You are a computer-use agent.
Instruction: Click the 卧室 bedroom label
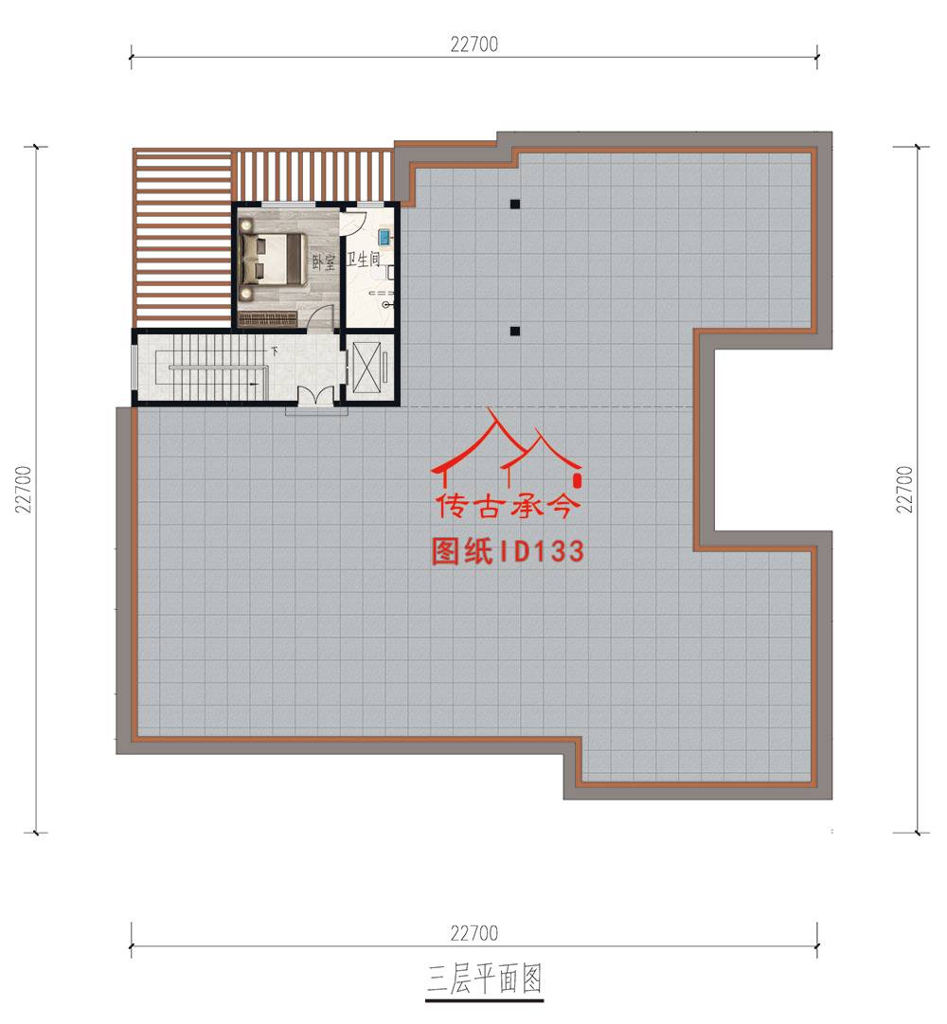(324, 262)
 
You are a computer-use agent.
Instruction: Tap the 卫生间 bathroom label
(364, 260)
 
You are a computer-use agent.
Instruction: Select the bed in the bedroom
(273, 260)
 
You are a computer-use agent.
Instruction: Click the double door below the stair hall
(315, 394)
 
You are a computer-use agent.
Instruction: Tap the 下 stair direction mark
(275, 351)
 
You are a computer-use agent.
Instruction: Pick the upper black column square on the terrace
(515, 204)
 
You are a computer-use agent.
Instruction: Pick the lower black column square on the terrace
(515, 332)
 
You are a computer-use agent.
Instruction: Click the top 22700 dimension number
(473, 45)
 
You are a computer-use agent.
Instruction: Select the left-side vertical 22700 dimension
(24, 489)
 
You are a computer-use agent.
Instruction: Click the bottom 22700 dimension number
(473, 933)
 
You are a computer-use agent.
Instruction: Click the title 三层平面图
(484, 979)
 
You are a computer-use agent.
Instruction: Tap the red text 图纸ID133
(508, 551)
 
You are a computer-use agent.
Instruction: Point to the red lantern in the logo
(577, 481)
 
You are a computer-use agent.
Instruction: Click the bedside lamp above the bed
(246, 225)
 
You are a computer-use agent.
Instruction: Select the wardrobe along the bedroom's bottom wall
(268, 318)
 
